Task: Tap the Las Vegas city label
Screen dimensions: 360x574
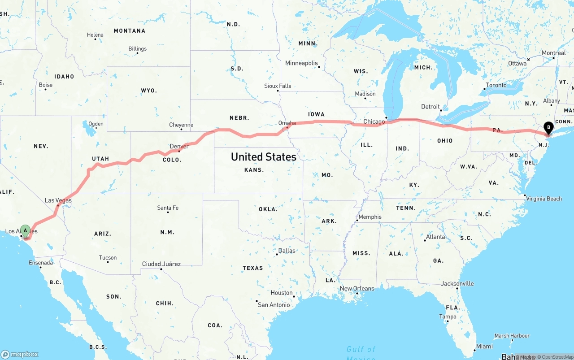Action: pyautogui.click(x=58, y=200)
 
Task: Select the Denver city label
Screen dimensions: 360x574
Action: pyautogui.click(x=179, y=146)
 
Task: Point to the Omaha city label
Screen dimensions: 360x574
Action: pyautogui.click(x=287, y=123)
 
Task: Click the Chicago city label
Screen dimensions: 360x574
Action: pyautogui.click(x=374, y=121)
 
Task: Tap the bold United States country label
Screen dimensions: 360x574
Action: pyautogui.click(x=263, y=157)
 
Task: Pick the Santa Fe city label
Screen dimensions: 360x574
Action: pyautogui.click(x=168, y=208)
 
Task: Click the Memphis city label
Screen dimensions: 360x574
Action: pyautogui.click(x=370, y=217)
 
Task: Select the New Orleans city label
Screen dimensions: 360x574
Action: pyautogui.click(x=357, y=288)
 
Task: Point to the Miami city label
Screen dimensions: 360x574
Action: pyautogui.click(x=484, y=346)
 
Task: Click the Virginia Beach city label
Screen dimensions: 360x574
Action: pyautogui.click(x=544, y=199)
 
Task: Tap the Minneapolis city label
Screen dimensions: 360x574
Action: pyautogui.click(x=301, y=63)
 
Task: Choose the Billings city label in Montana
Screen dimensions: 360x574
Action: pyautogui.click(x=137, y=48)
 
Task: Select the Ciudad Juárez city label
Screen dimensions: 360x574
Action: pyautogui.click(x=161, y=264)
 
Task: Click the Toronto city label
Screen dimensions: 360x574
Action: pyautogui.click(x=496, y=85)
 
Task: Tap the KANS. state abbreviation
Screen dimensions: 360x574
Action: pyautogui.click(x=254, y=170)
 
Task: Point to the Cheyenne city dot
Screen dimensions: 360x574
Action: pyautogui.click(x=181, y=130)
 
